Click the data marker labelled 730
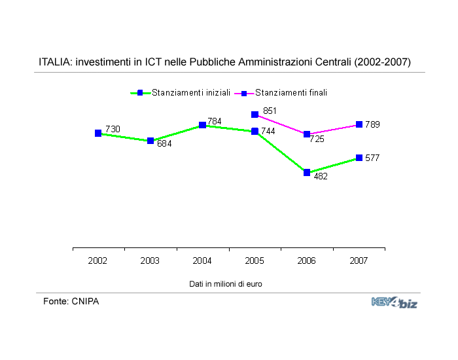pos(98,133)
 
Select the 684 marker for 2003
pos(150,141)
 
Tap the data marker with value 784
pos(203,124)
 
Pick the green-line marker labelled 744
pos(255,132)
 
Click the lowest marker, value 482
pos(306,172)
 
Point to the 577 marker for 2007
pos(359,158)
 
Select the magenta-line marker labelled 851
pos(255,115)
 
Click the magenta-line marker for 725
pos(306,134)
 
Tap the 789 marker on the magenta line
pos(359,124)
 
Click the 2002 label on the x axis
pos(98,261)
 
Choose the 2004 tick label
pos(202,261)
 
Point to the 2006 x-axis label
pos(306,261)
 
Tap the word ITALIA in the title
pos(55,62)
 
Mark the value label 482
pos(321,176)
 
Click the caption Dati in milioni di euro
pos(226,283)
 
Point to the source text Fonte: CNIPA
pos(71,301)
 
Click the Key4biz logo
pos(394,302)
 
